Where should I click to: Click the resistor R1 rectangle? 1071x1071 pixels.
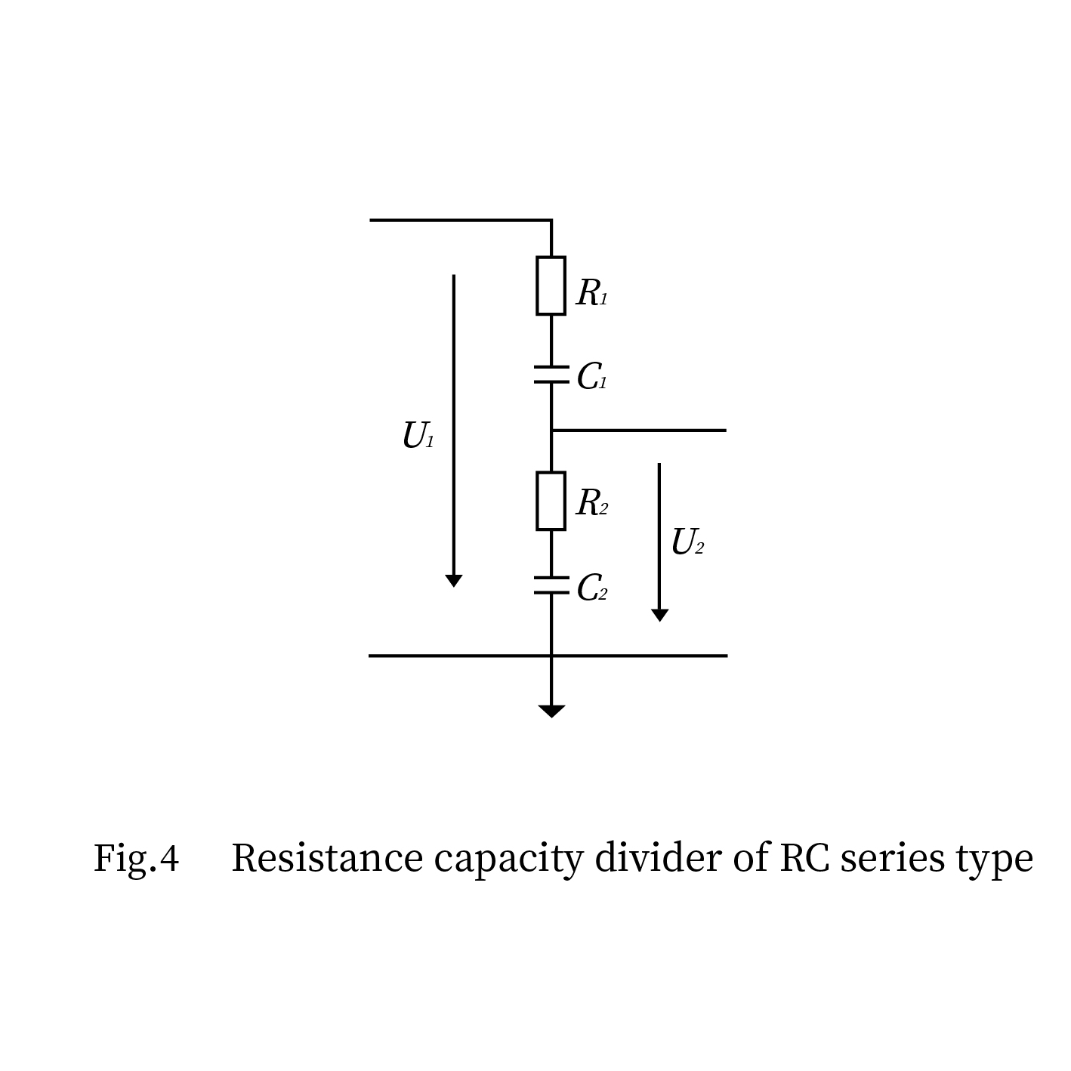click(551, 285)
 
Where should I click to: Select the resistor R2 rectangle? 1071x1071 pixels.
click(551, 501)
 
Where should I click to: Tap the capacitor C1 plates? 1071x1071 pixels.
click(551, 375)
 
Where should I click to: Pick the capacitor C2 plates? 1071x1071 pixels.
click(551, 585)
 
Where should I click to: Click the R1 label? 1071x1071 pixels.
click(591, 293)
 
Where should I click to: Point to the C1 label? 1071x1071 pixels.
click(591, 376)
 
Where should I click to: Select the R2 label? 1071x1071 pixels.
click(591, 503)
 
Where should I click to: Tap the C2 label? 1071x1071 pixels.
click(591, 588)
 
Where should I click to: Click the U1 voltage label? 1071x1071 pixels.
click(418, 436)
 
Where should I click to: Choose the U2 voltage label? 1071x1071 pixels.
click(687, 542)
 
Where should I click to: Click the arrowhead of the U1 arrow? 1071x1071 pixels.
click(453, 580)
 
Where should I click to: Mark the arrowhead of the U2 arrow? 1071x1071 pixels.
click(659, 615)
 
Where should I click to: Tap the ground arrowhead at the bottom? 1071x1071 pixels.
click(551, 711)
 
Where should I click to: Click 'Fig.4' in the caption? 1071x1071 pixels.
click(136, 859)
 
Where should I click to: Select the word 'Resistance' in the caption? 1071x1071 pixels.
click(327, 859)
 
